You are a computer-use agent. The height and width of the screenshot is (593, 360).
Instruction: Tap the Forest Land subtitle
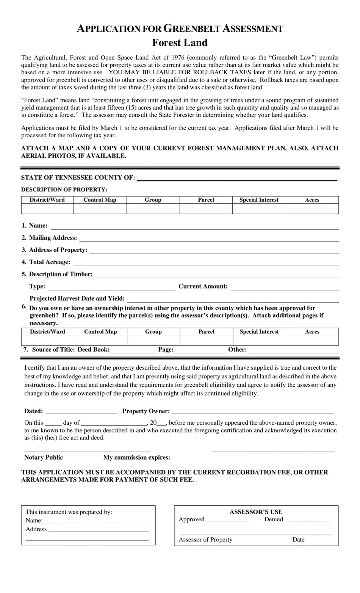click(180, 42)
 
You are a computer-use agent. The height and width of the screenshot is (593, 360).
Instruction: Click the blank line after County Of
click(236, 178)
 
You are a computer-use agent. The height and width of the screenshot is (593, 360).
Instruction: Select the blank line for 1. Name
click(195, 227)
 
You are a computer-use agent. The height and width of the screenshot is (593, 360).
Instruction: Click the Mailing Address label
click(53, 238)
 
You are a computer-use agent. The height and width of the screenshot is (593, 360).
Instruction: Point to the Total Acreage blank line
click(206, 263)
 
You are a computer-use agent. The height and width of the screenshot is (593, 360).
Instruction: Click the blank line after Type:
click(112, 287)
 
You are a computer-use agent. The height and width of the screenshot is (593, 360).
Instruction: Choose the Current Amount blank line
click(285, 287)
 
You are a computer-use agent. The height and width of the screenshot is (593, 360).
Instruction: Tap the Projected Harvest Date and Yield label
click(77, 298)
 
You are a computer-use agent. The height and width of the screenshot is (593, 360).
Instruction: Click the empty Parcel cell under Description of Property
click(206, 209)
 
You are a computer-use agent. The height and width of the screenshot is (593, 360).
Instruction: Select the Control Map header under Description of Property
click(100, 200)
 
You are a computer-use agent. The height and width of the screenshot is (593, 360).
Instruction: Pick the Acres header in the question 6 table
click(312, 332)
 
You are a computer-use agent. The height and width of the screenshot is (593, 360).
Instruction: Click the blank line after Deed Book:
click(134, 351)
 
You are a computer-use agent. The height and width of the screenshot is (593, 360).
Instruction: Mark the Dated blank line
click(81, 412)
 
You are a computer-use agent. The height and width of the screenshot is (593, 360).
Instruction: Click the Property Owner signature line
click(252, 412)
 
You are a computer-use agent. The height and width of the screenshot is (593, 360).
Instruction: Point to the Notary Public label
click(44, 457)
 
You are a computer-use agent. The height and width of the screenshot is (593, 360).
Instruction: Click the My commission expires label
click(137, 457)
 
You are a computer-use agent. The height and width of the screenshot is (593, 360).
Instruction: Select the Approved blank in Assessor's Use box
click(227, 521)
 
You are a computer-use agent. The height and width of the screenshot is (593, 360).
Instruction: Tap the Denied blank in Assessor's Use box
click(307, 521)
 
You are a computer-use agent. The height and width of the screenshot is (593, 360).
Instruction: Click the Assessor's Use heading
click(256, 512)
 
